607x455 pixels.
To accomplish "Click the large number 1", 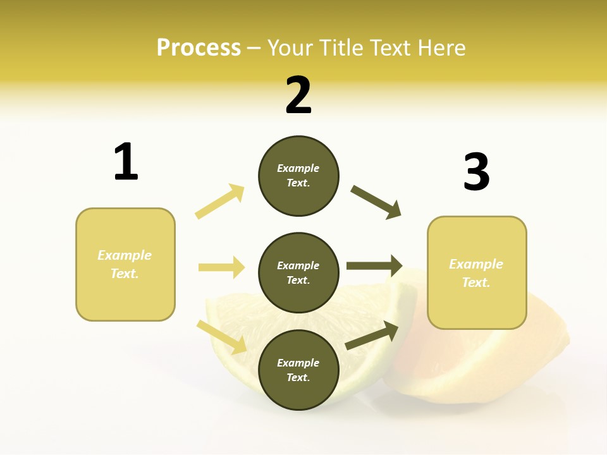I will point(126,162).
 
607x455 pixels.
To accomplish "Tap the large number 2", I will point(298,95).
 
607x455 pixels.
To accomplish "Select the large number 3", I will point(476,172).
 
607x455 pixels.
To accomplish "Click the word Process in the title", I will point(199,48).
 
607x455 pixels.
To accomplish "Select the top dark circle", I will point(298,176).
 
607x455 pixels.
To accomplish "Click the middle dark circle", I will point(298,272).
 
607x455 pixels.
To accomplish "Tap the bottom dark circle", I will point(298,370).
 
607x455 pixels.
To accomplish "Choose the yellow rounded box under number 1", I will point(125,264).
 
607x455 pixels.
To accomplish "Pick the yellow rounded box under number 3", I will point(477,273).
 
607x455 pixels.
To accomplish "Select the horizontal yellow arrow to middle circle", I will point(221,267).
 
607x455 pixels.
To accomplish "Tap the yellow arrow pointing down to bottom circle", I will point(222,336).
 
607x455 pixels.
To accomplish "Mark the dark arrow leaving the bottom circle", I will point(372,336).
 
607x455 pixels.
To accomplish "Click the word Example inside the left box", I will point(125,255).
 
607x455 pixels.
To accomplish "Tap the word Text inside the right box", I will point(475,282).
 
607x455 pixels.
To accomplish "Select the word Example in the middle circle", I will point(298,265).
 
